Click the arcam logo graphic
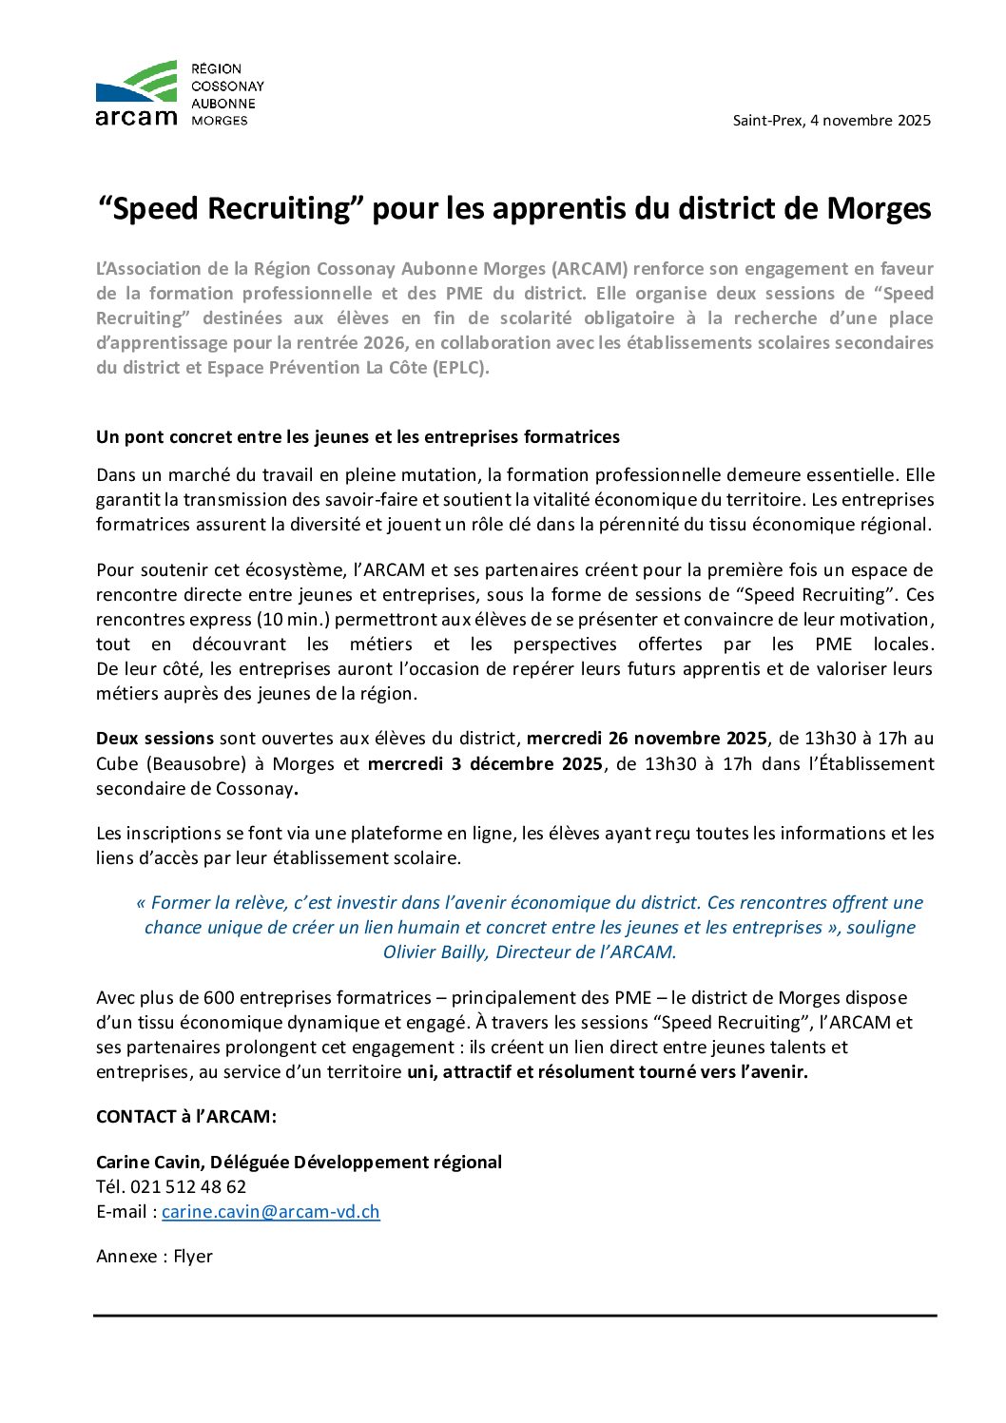click(137, 93)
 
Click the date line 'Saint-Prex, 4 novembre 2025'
click(831, 121)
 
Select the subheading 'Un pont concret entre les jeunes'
click(358, 437)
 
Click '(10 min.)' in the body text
click(294, 620)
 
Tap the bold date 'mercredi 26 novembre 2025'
click(647, 739)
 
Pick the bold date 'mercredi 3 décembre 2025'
click(485, 763)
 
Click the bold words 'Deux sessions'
click(155, 739)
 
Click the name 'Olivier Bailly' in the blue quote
click(435, 952)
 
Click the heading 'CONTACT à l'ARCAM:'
click(186, 1117)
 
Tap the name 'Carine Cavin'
click(148, 1163)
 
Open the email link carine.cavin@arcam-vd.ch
click(271, 1212)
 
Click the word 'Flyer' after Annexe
click(193, 1257)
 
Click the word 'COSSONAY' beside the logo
click(228, 87)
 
